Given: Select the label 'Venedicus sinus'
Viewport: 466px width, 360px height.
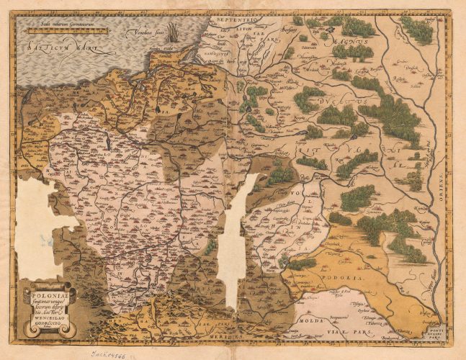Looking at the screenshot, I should [145, 33].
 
